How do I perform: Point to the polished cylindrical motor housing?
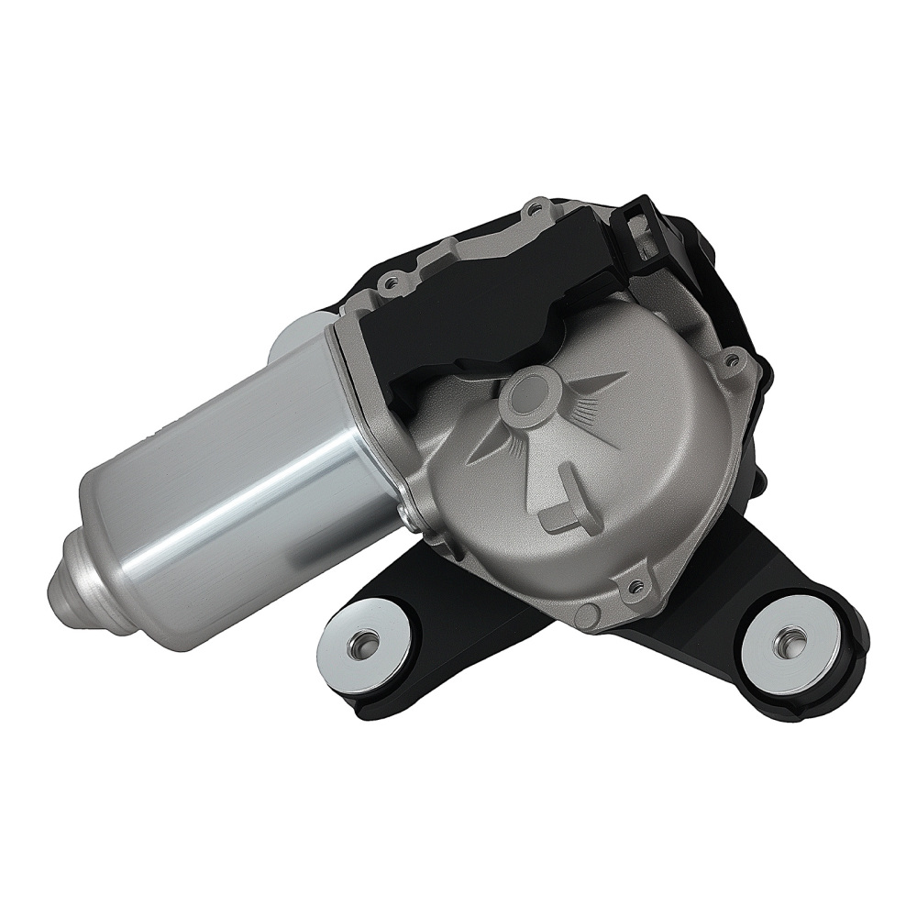(x=229, y=486)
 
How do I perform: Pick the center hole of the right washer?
(x=788, y=639)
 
